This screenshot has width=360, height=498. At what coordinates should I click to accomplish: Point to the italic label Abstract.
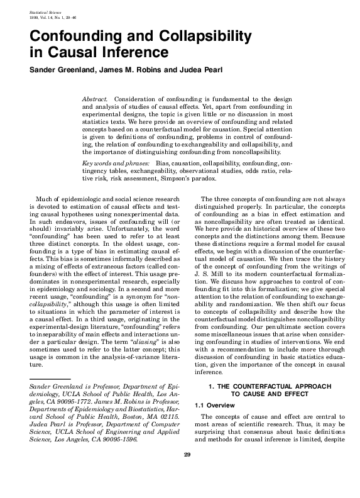(x=95, y=100)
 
